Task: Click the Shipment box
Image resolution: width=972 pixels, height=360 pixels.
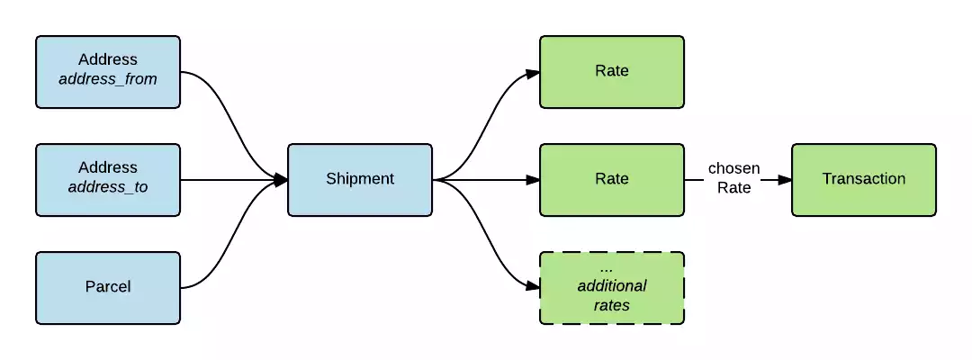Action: point(360,179)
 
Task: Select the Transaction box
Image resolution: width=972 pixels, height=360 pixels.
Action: point(863,179)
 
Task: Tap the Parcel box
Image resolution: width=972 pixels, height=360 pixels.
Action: point(108,287)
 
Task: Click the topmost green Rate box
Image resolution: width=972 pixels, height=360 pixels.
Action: point(612,71)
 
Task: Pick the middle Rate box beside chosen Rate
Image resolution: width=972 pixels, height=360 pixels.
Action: point(612,179)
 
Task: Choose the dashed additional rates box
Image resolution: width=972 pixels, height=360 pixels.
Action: point(612,288)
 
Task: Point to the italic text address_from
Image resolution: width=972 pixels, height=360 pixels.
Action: point(108,79)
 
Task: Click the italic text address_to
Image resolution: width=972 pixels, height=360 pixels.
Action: point(108,187)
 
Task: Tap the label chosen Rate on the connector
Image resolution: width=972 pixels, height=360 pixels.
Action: point(734,178)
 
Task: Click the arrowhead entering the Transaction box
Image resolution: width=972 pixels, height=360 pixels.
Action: point(785,180)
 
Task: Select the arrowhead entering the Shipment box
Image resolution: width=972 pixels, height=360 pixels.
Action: point(281,180)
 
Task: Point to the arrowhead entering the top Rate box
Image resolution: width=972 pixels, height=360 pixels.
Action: point(533,73)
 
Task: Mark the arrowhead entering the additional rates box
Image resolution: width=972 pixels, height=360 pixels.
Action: point(533,287)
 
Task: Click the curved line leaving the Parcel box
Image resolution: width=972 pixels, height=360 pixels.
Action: point(225,252)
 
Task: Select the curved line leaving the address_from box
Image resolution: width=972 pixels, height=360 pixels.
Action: point(225,108)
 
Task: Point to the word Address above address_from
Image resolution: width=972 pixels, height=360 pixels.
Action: point(108,60)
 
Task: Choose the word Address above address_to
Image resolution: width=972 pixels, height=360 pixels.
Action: point(108,168)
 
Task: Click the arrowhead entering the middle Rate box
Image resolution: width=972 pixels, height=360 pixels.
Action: point(533,180)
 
